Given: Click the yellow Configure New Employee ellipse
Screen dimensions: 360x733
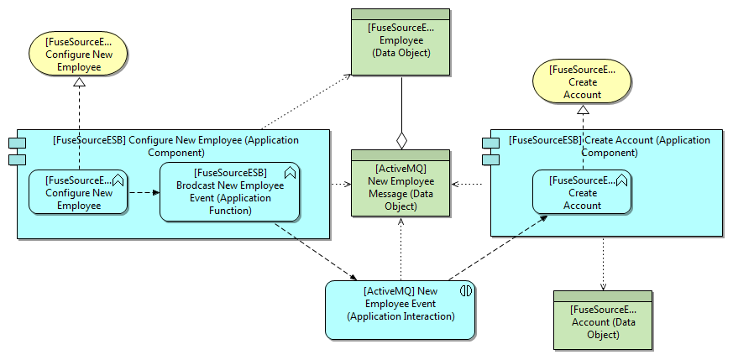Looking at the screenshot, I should click(x=78, y=55).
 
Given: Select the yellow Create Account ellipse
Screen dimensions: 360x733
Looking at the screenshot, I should click(x=582, y=81).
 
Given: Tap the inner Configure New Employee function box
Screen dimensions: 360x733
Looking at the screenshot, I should click(x=77, y=192).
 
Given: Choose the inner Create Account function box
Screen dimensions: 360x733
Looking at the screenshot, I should click(x=582, y=192).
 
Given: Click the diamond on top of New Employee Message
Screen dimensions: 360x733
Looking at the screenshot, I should click(x=401, y=139).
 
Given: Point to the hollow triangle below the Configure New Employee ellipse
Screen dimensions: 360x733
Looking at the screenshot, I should click(x=79, y=82).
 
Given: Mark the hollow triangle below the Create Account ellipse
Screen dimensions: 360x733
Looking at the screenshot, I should click(x=583, y=109).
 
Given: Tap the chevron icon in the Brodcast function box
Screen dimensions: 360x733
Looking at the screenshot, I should click(x=290, y=173).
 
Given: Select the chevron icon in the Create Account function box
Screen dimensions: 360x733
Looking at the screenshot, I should click(x=621, y=179).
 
